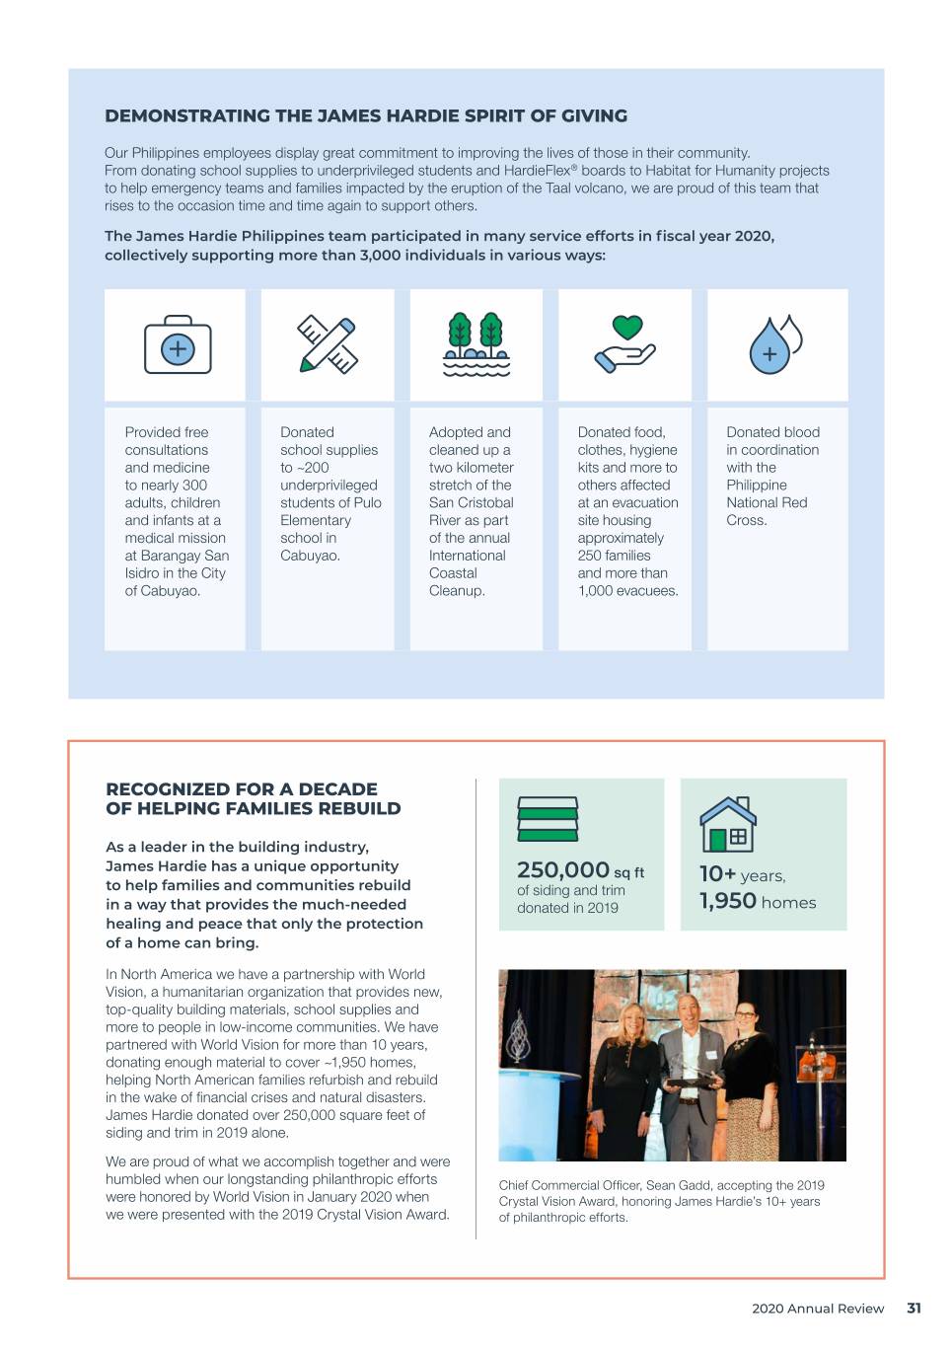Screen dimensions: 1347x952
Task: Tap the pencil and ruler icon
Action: (x=328, y=344)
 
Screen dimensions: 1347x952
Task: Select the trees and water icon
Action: (x=476, y=344)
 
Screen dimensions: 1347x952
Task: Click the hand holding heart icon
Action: (x=625, y=343)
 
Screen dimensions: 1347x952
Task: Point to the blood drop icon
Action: (x=774, y=345)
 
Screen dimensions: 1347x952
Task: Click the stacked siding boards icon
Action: (x=548, y=819)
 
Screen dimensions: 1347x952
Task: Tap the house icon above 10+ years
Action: (x=728, y=824)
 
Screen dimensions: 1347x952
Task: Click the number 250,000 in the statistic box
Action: (x=563, y=869)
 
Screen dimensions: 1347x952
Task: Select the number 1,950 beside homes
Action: (x=728, y=901)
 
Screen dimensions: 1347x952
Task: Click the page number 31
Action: (x=914, y=1309)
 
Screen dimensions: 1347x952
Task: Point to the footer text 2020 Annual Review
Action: (x=818, y=1309)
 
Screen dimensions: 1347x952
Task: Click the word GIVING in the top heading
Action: (x=594, y=115)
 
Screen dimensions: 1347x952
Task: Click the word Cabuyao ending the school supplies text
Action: (x=309, y=556)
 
